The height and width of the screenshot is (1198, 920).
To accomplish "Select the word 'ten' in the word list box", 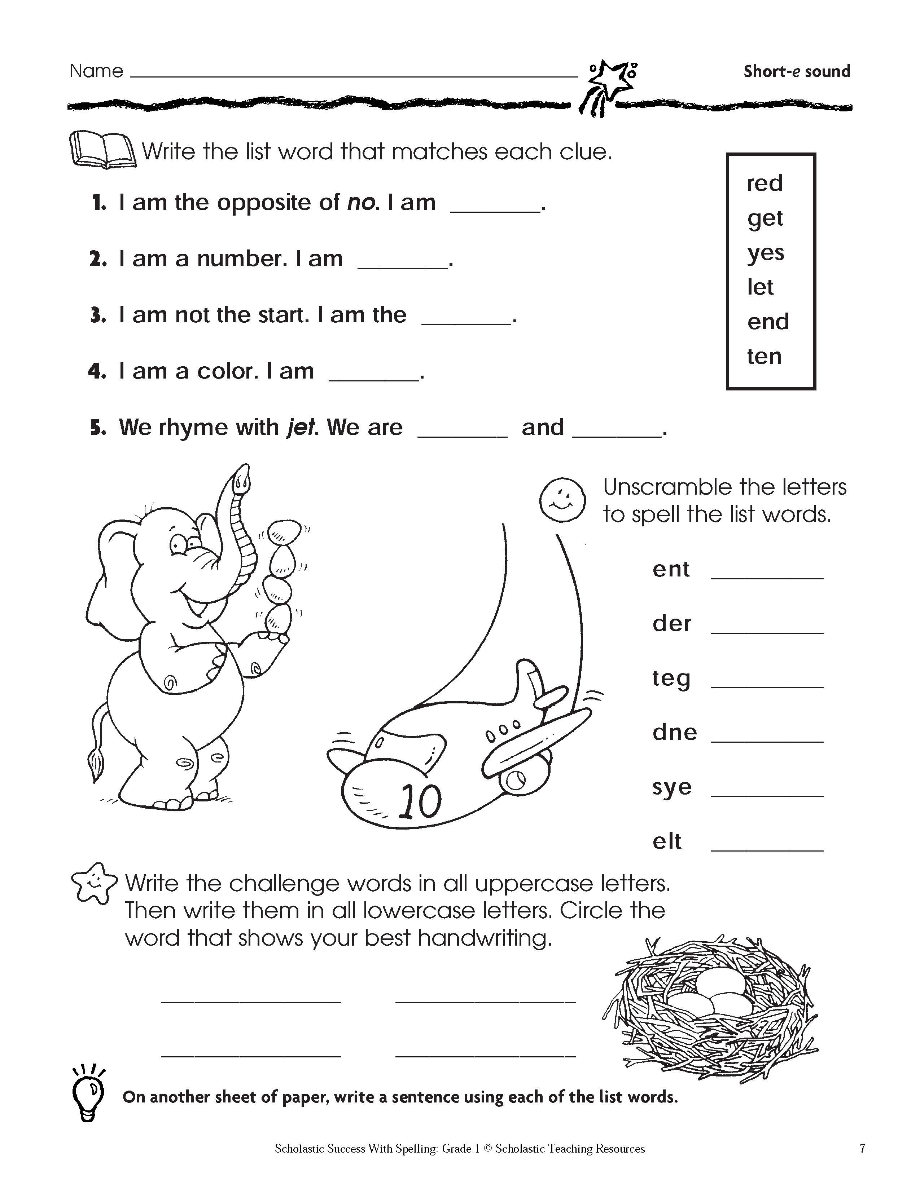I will click(764, 356).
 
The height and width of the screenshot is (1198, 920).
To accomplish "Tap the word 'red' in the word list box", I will click(765, 184).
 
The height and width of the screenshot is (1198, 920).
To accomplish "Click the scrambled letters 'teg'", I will click(671, 678).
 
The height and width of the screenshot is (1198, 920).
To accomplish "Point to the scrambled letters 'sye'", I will click(672, 787).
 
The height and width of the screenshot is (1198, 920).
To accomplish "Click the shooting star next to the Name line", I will click(612, 82).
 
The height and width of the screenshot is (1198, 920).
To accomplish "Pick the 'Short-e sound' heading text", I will click(796, 71).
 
